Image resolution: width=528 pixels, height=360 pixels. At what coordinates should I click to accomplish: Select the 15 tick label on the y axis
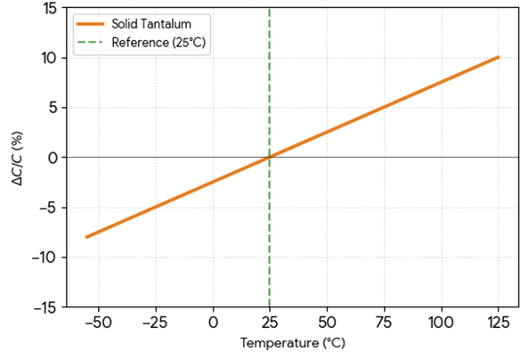[49, 8]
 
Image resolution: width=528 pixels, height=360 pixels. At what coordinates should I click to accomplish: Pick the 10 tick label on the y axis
[49, 58]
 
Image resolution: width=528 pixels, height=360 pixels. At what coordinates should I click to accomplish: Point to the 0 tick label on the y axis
[53, 158]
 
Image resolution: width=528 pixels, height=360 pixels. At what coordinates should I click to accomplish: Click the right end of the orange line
[499, 57]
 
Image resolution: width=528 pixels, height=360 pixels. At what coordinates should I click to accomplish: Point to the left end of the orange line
[86, 237]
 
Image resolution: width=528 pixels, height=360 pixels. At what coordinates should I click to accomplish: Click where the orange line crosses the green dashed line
[269, 157]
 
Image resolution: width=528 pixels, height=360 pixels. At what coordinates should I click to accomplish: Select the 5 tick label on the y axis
[53, 108]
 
